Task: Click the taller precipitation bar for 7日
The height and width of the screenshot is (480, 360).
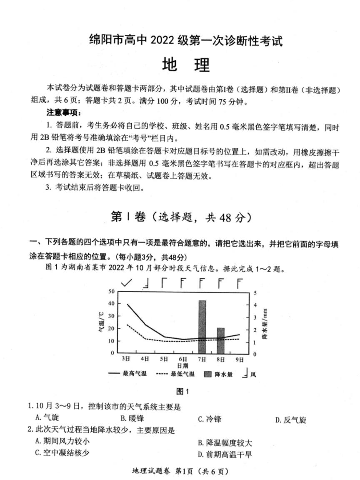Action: (x=202, y=327)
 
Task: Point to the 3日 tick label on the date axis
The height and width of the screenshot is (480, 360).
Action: (x=126, y=359)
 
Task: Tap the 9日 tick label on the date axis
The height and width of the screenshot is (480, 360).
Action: (x=239, y=359)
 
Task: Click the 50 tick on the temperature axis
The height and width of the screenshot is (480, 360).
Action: (x=111, y=291)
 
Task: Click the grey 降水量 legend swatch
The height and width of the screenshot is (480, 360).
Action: (x=208, y=374)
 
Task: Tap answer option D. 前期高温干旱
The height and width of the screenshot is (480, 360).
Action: (x=225, y=454)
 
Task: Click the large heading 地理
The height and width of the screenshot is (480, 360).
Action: (x=185, y=65)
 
